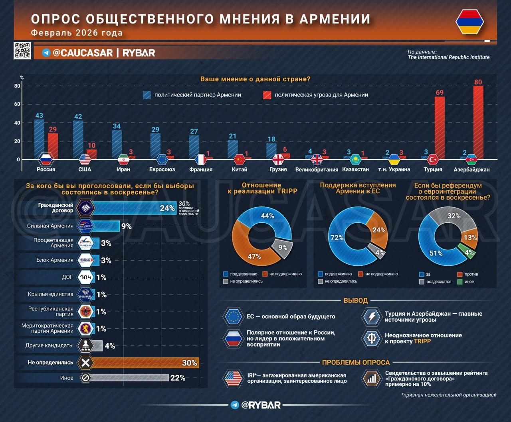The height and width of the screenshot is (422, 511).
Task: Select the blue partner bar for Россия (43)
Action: [x=39, y=135]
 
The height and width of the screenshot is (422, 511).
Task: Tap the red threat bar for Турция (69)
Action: [x=439, y=126]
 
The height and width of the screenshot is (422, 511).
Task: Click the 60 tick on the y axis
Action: [x=17, y=104]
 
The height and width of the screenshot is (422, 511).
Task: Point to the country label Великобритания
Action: [x=317, y=169]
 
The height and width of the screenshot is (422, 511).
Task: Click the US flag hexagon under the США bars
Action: [x=85, y=159]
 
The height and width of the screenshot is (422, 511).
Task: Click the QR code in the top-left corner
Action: [x=22, y=51]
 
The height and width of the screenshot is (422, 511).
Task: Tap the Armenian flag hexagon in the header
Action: [x=469, y=22]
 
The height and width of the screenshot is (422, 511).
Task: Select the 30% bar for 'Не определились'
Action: [x=144, y=363]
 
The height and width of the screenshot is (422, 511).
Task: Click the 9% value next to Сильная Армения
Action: [x=127, y=226]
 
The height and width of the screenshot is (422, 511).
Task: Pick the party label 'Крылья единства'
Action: [x=51, y=294]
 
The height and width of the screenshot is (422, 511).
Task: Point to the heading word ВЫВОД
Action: [x=356, y=300]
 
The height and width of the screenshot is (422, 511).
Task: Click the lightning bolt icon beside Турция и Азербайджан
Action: [x=372, y=317]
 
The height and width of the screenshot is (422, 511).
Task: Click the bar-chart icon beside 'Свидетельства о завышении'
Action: [x=372, y=379]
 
